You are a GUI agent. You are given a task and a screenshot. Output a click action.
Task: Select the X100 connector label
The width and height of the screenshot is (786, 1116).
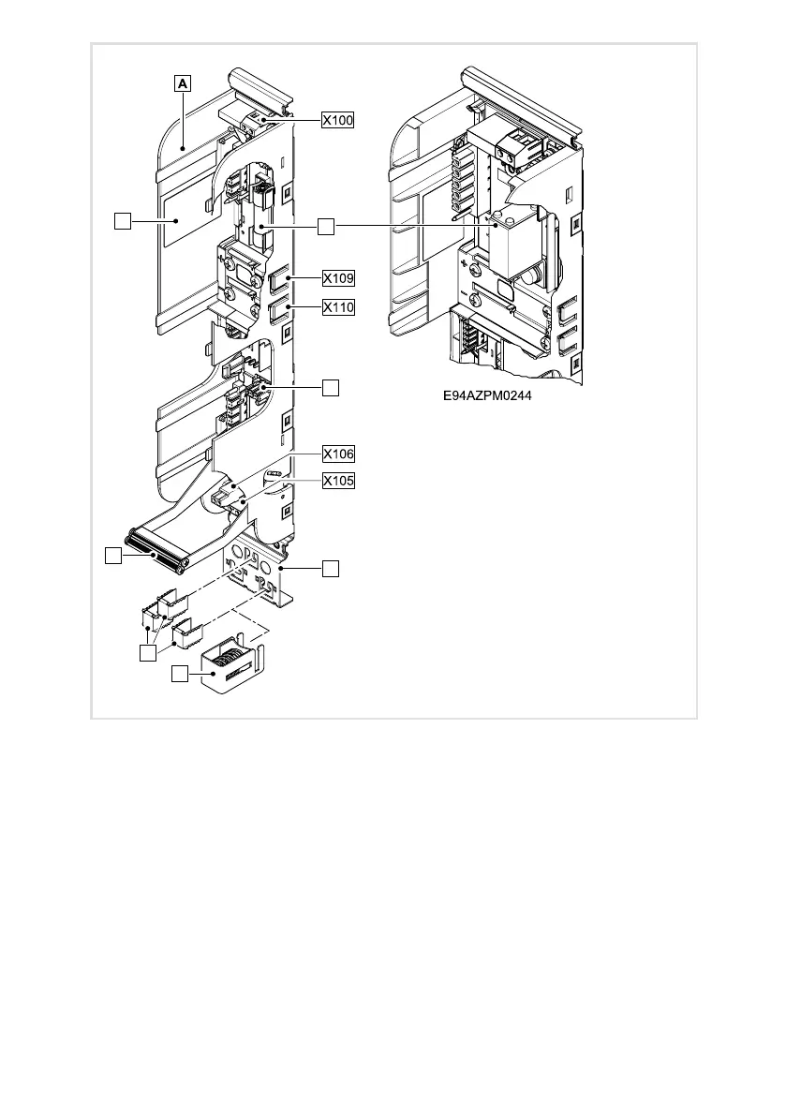pos(338,120)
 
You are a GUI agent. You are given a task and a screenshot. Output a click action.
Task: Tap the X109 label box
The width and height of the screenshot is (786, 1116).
pos(338,278)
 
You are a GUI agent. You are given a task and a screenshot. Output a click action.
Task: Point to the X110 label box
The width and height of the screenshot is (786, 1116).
pos(338,306)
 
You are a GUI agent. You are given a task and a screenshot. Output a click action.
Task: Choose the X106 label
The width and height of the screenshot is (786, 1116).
pos(338,454)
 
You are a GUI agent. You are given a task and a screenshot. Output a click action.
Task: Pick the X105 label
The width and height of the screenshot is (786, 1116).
pos(338,482)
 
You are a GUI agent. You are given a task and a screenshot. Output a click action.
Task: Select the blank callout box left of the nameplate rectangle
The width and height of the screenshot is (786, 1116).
pos(121,221)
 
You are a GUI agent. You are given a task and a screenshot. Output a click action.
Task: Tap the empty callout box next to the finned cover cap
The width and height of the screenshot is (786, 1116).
pos(179,675)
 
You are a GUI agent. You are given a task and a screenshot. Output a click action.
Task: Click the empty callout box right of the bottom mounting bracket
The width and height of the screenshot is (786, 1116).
pos(330,568)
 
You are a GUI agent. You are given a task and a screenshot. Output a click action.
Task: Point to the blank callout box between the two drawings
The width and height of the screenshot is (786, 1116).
pos(324,227)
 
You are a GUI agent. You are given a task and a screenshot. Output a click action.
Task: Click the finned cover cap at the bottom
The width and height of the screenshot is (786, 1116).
pos(230,668)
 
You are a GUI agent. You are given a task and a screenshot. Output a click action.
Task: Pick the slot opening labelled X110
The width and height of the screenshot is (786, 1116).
pos(280,310)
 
